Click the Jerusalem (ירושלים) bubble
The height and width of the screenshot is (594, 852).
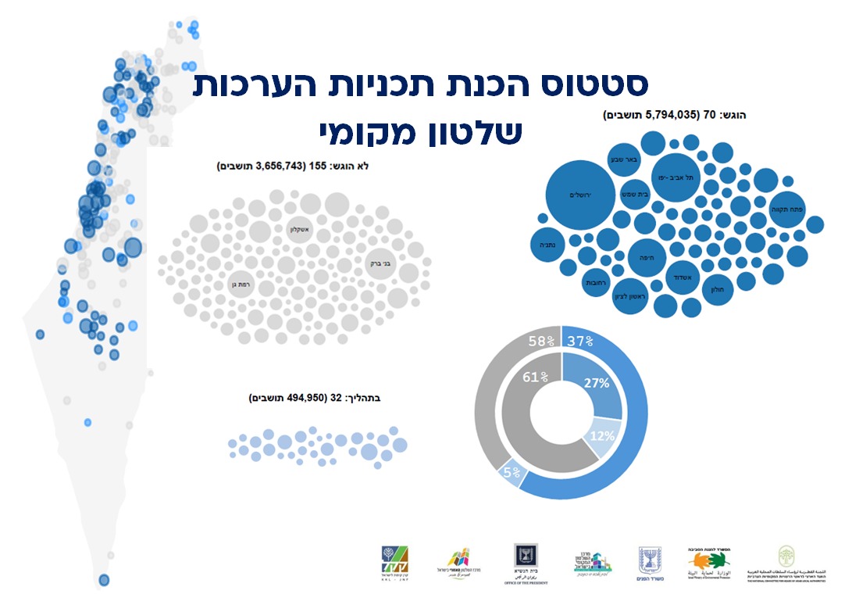coord(582,195)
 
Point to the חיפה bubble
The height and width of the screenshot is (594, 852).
coord(647,256)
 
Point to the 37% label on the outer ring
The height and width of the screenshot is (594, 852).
coord(580,341)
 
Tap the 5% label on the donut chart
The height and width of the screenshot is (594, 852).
coord(511,472)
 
